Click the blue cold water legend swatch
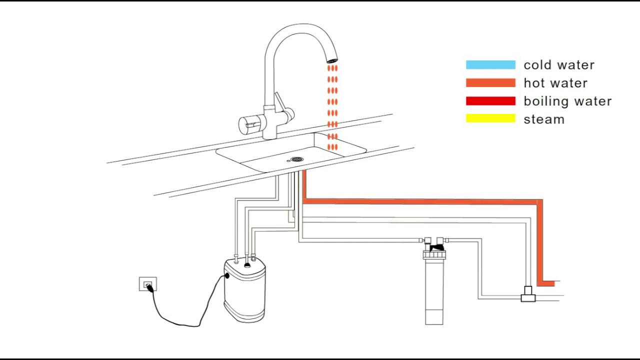(490, 65)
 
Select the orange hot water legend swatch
(490, 83)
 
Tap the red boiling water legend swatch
(490, 101)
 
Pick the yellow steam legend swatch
(490, 118)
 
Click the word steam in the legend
(544, 119)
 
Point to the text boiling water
(567, 101)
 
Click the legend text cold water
(559, 65)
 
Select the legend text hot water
(555, 83)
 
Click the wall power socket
(147, 284)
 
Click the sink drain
(297, 159)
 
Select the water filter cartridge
(434, 295)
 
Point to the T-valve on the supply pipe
(528, 294)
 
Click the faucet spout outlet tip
(332, 60)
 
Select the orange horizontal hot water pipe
(420, 201)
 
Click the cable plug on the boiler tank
(227, 275)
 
